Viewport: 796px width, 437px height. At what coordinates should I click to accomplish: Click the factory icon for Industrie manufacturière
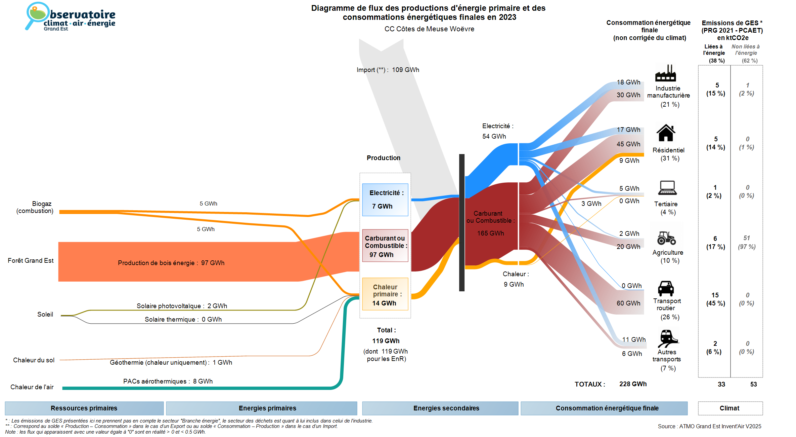(665, 73)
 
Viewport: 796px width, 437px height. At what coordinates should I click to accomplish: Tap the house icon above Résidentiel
(666, 133)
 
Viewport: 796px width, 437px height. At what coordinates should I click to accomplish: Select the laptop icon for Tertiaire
(667, 188)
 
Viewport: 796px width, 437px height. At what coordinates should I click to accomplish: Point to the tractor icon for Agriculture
(666, 238)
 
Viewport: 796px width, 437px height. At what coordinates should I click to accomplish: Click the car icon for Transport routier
(666, 288)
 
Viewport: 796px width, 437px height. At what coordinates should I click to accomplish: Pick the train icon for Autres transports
(668, 338)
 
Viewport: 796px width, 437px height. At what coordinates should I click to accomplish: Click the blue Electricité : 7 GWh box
(385, 199)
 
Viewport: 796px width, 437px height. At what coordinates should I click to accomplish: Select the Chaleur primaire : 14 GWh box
(385, 294)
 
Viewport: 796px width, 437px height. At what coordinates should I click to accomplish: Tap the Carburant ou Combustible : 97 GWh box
(385, 246)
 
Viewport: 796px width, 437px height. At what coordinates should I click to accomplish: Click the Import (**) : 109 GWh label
(388, 70)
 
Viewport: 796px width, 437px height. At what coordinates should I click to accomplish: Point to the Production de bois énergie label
(171, 263)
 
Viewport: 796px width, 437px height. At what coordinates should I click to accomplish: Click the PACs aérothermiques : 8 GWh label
(168, 381)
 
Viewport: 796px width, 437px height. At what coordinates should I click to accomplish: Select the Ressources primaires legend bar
(84, 408)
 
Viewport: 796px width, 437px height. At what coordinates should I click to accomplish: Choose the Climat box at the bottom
(729, 408)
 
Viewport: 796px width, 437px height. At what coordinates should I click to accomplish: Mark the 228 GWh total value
(633, 384)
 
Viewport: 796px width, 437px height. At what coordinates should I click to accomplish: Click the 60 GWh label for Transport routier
(628, 303)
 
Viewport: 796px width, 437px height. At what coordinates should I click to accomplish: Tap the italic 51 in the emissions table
(746, 238)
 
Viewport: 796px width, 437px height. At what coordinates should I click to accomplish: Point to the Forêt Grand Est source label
(31, 261)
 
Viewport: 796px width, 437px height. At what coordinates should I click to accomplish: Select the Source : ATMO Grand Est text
(709, 426)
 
